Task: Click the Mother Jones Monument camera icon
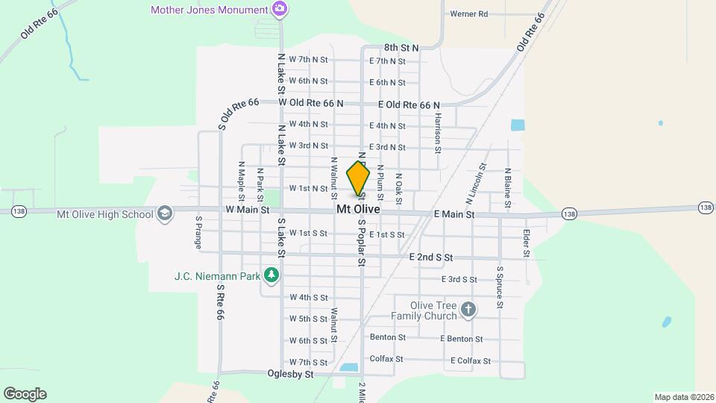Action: coord(280,10)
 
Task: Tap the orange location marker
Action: coord(358,179)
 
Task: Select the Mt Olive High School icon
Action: coord(164,214)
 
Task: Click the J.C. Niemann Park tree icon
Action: coord(271,276)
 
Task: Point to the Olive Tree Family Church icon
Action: coord(468,310)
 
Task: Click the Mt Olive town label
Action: coord(358,210)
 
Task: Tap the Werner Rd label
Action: coord(468,14)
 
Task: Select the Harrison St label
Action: coord(439,134)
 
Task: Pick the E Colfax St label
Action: coord(471,361)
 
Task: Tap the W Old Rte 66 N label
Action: coord(311,102)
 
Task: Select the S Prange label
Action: coord(198,232)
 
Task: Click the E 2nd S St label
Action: coord(431,257)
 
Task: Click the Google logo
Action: coord(25,394)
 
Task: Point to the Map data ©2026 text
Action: coord(683,397)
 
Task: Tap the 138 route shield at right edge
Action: coord(705,207)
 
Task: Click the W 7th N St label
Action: coord(309,59)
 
